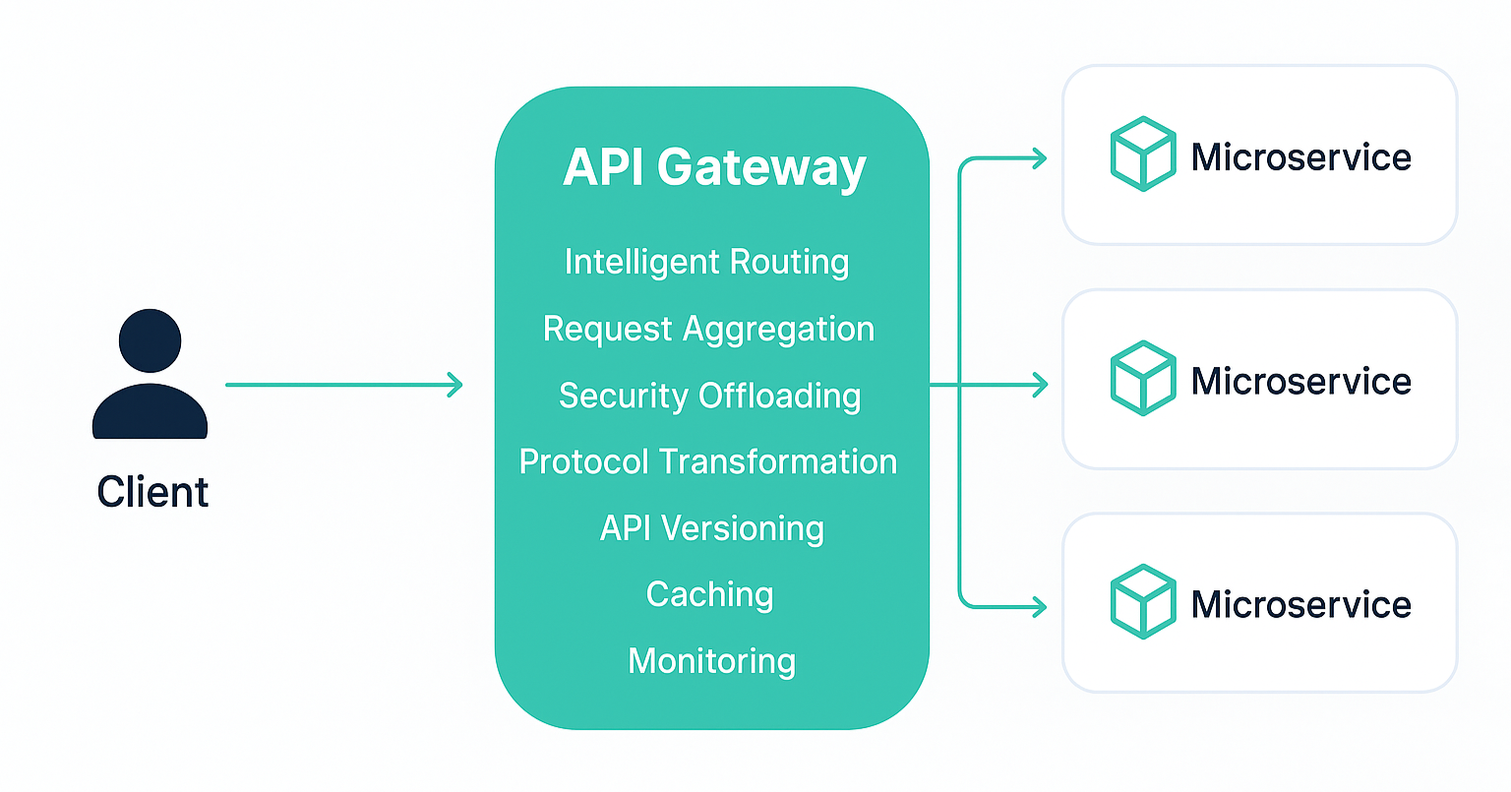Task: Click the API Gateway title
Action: pos(714,167)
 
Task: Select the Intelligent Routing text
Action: pos(706,262)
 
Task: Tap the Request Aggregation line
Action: pos(708,329)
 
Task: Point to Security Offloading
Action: pos(709,396)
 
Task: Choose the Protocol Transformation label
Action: pos(708,461)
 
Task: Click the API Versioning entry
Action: pos(711,528)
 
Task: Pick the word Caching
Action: pos(709,594)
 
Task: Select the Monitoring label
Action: pos(711,660)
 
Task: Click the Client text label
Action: pos(152,492)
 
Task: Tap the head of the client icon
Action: pos(150,340)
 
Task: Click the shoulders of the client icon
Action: pos(150,413)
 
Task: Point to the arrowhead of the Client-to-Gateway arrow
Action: pos(455,385)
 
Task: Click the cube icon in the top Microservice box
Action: pos(1142,154)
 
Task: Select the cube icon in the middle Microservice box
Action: pos(1142,378)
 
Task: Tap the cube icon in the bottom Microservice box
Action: pos(1142,601)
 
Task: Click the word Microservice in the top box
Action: pos(1300,157)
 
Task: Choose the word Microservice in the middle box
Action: pos(1300,381)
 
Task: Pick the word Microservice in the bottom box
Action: pos(1300,604)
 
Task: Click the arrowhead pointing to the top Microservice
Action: pos(1040,157)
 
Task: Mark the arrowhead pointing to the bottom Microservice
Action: pos(1040,606)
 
